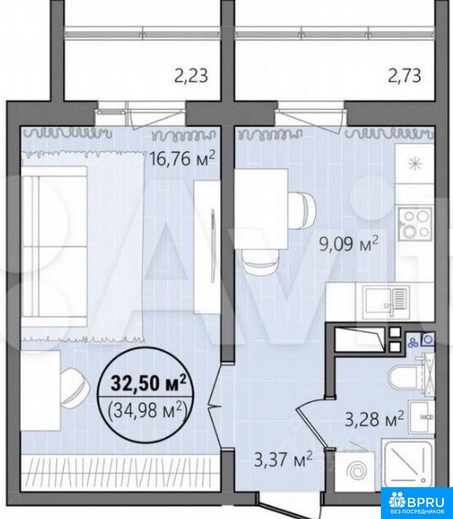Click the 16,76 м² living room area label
click(x=183, y=158)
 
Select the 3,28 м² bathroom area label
click(x=374, y=419)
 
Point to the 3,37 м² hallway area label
click(x=283, y=460)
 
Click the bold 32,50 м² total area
click(x=148, y=383)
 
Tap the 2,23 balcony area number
click(x=191, y=75)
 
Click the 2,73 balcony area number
click(x=404, y=75)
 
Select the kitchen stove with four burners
click(x=415, y=224)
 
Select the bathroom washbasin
click(x=421, y=417)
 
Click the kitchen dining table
click(x=261, y=209)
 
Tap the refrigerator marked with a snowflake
click(x=415, y=163)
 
